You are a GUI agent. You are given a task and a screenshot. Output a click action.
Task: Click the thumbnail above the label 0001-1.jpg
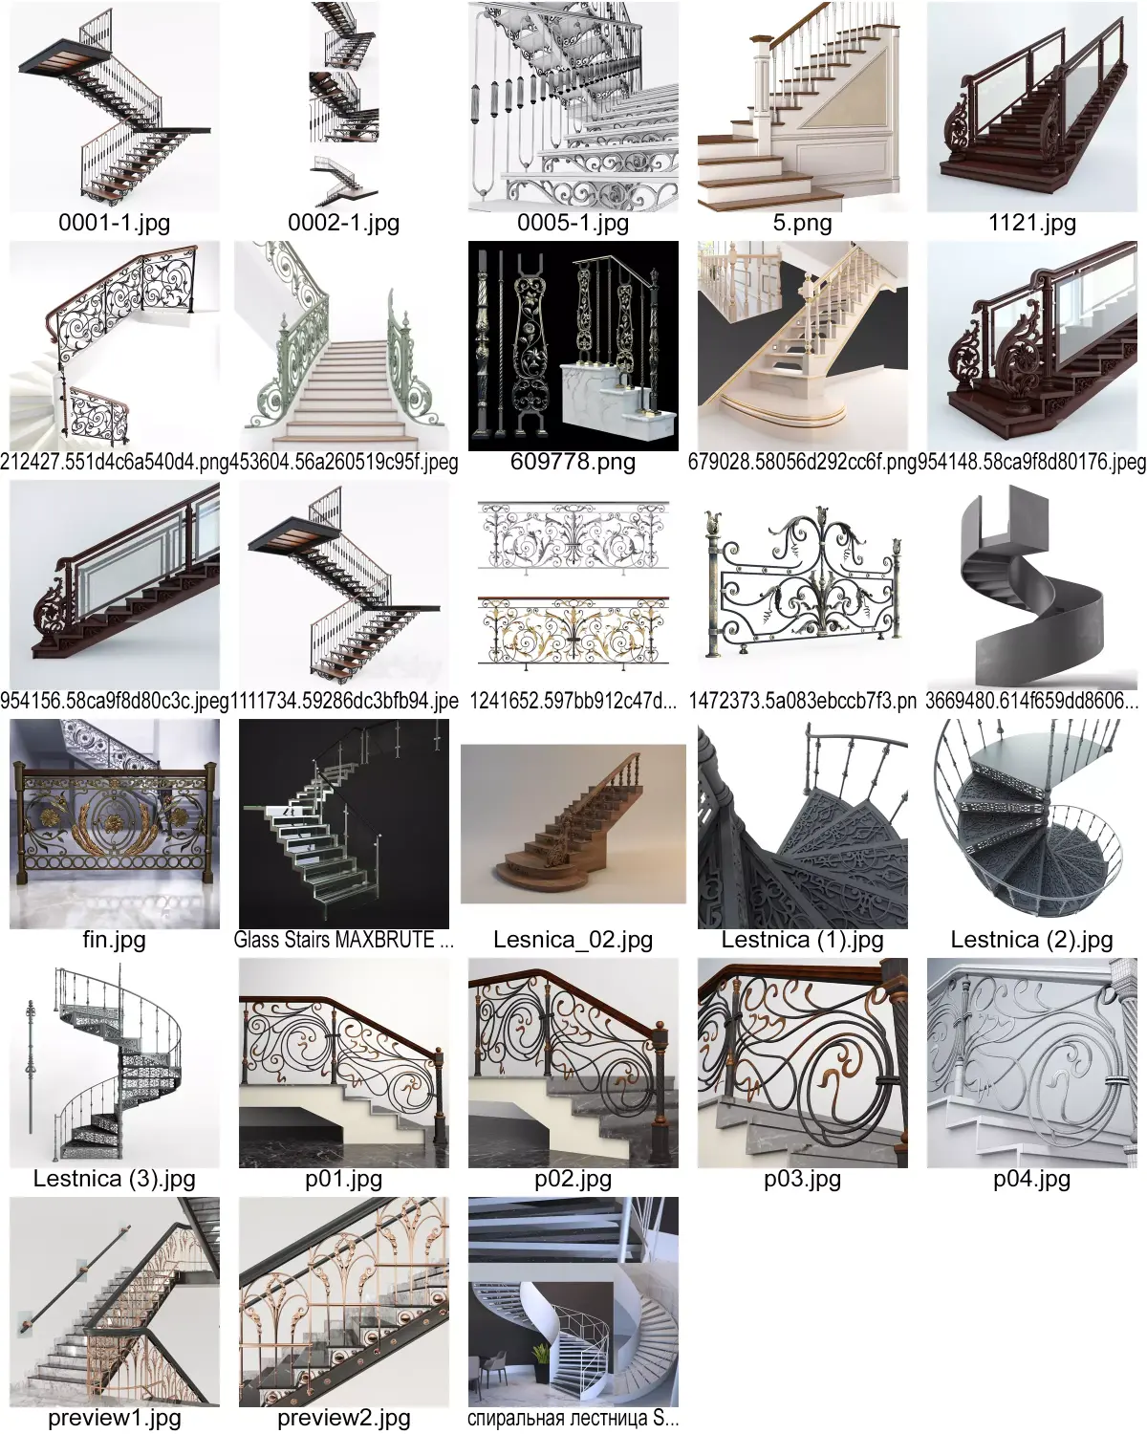(x=115, y=107)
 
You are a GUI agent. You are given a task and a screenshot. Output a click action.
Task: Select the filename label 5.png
(x=802, y=224)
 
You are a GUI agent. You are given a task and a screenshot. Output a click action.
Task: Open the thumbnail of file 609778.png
(x=573, y=346)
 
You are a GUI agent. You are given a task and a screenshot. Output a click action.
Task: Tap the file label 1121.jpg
(x=1031, y=224)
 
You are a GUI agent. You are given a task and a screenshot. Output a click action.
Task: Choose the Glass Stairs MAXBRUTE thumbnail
(x=344, y=824)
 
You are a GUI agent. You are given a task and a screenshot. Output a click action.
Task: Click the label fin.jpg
(x=115, y=941)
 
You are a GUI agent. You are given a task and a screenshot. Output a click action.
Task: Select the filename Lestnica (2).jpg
(x=1031, y=941)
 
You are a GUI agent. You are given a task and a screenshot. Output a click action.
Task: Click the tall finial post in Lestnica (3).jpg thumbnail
(x=31, y=1061)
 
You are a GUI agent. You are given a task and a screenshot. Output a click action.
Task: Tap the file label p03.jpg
(x=802, y=1180)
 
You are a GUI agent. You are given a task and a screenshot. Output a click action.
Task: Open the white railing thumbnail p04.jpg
(x=1032, y=1063)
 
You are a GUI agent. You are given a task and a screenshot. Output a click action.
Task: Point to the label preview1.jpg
(x=115, y=1419)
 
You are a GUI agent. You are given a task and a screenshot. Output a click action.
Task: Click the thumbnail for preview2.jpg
(x=344, y=1302)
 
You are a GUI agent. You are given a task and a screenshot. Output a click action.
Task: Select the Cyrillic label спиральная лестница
(x=573, y=1419)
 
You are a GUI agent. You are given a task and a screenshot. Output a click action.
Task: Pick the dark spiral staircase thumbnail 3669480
(x=1032, y=585)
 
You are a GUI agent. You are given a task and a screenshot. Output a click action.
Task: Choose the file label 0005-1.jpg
(x=573, y=224)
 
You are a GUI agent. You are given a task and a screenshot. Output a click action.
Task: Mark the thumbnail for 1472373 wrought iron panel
(x=803, y=585)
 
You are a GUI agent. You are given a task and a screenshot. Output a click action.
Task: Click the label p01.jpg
(x=344, y=1180)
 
